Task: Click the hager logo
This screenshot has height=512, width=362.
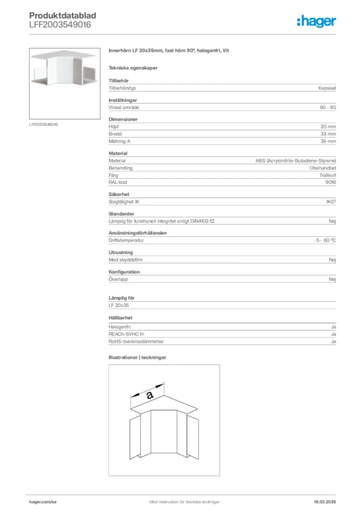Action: click(316, 21)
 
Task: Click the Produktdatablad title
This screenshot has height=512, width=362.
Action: click(62, 16)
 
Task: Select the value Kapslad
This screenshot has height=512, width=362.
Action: click(327, 88)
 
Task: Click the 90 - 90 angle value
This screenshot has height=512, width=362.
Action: click(328, 107)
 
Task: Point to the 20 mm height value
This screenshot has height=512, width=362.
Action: click(328, 127)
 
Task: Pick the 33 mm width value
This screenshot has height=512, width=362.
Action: click(328, 134)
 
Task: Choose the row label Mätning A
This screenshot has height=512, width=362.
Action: click(119, 141)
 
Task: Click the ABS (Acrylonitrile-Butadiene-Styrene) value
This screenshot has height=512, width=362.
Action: click(295, 161)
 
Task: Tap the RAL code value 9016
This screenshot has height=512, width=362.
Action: click(330, 182)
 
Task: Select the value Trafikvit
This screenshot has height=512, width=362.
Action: click(327, 175)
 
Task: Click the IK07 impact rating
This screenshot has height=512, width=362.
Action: click(330, 202)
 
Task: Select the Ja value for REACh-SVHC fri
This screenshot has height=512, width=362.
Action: click(333, 334)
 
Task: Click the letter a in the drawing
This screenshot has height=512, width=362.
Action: click(149, 394)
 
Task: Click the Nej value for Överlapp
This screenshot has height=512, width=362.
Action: click(332, 279)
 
